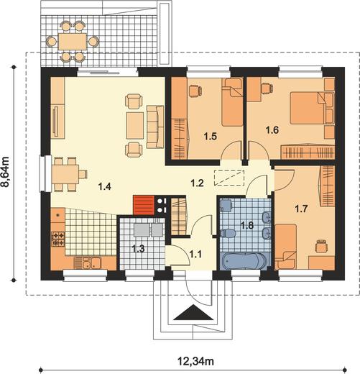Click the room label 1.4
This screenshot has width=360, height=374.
click(105, 186)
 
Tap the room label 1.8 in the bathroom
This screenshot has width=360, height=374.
click(247, 225)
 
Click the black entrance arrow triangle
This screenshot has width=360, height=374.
click(193, 313)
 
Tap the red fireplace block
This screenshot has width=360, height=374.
click(144, 205)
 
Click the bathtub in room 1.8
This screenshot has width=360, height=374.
click(244, 261)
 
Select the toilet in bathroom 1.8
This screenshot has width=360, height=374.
click(228, 233)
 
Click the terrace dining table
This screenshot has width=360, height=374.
click(73, 42)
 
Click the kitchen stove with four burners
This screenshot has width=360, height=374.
click(58, 239)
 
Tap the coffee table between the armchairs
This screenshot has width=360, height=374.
click(135, 125)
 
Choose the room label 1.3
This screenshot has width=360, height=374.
click(138, 249)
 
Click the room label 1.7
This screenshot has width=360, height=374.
click(301, 209)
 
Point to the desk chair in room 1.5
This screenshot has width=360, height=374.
click(195, 91)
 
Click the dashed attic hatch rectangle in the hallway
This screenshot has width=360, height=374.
click(229, 178)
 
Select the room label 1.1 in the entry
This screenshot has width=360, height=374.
click(195, 254)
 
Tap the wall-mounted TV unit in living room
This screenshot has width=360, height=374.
click(57, 122)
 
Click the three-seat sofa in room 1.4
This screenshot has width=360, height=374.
click(155, 127)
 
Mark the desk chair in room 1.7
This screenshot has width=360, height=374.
click(321, 245)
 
